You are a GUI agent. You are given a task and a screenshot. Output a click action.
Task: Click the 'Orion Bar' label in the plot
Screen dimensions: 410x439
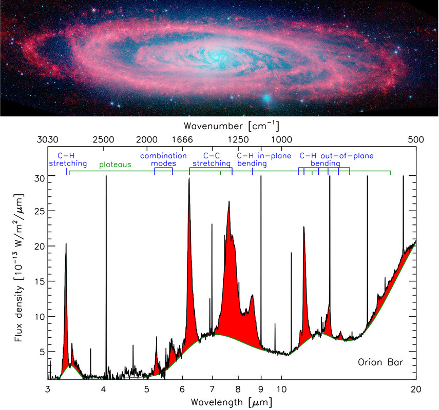380,363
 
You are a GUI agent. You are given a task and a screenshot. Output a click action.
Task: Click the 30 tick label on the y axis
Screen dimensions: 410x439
39,177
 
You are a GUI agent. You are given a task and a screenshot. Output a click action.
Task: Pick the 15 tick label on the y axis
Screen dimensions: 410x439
39,282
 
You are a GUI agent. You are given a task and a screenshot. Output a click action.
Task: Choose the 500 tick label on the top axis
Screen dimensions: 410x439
415,139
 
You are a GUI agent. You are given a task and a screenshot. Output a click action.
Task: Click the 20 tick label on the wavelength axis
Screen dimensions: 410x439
415,388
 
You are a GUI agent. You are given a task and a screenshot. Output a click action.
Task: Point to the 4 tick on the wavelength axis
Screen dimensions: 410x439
103,388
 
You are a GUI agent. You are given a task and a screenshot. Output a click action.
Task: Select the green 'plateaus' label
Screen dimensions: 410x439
116,165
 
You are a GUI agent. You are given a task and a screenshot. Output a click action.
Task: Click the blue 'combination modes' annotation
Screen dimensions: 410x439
164,159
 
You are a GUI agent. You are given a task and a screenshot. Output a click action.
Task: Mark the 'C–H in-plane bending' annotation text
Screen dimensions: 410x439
263,159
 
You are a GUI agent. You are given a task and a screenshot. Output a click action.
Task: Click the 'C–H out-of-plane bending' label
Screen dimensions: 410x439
336,159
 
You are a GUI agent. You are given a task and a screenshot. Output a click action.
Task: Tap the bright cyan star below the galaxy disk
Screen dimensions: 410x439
266,97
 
